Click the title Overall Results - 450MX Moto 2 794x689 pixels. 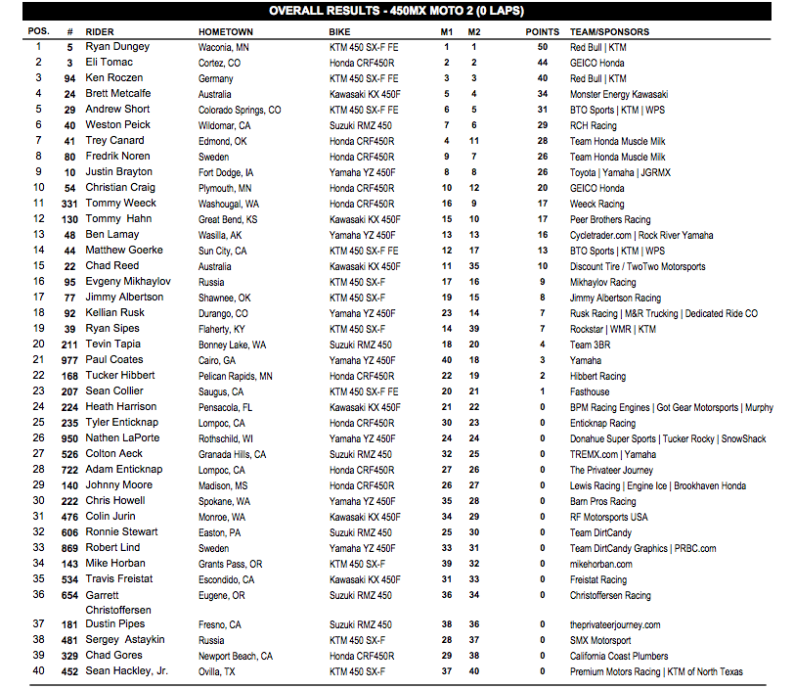(x=395, y=12)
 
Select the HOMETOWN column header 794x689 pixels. (x=226, y=31)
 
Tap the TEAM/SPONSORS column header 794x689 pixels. (x=609, y=31)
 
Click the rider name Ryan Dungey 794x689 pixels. (x=117, y=47)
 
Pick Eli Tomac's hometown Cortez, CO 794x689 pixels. (x=219, y=63)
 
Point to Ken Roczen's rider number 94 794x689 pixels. (x=69, y=78)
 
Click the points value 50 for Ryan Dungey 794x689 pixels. (x=543, y=47)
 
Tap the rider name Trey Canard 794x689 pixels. (x=114, y=141)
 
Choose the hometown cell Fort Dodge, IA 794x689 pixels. (x=229, y=172)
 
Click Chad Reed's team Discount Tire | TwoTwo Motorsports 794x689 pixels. (x=638, y=266)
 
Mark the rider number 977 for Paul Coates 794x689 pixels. (x=69, y=360)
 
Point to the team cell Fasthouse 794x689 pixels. (x=590, y=391)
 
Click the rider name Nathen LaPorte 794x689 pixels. (x=122, y=438)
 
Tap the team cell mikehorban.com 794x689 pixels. (x=601, y=564)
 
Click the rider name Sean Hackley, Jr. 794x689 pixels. (x=126, y=671)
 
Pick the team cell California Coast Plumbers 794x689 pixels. (x=619, y=656)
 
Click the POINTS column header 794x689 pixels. (x=543, y=31)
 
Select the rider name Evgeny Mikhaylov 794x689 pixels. (x=127, y=282)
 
